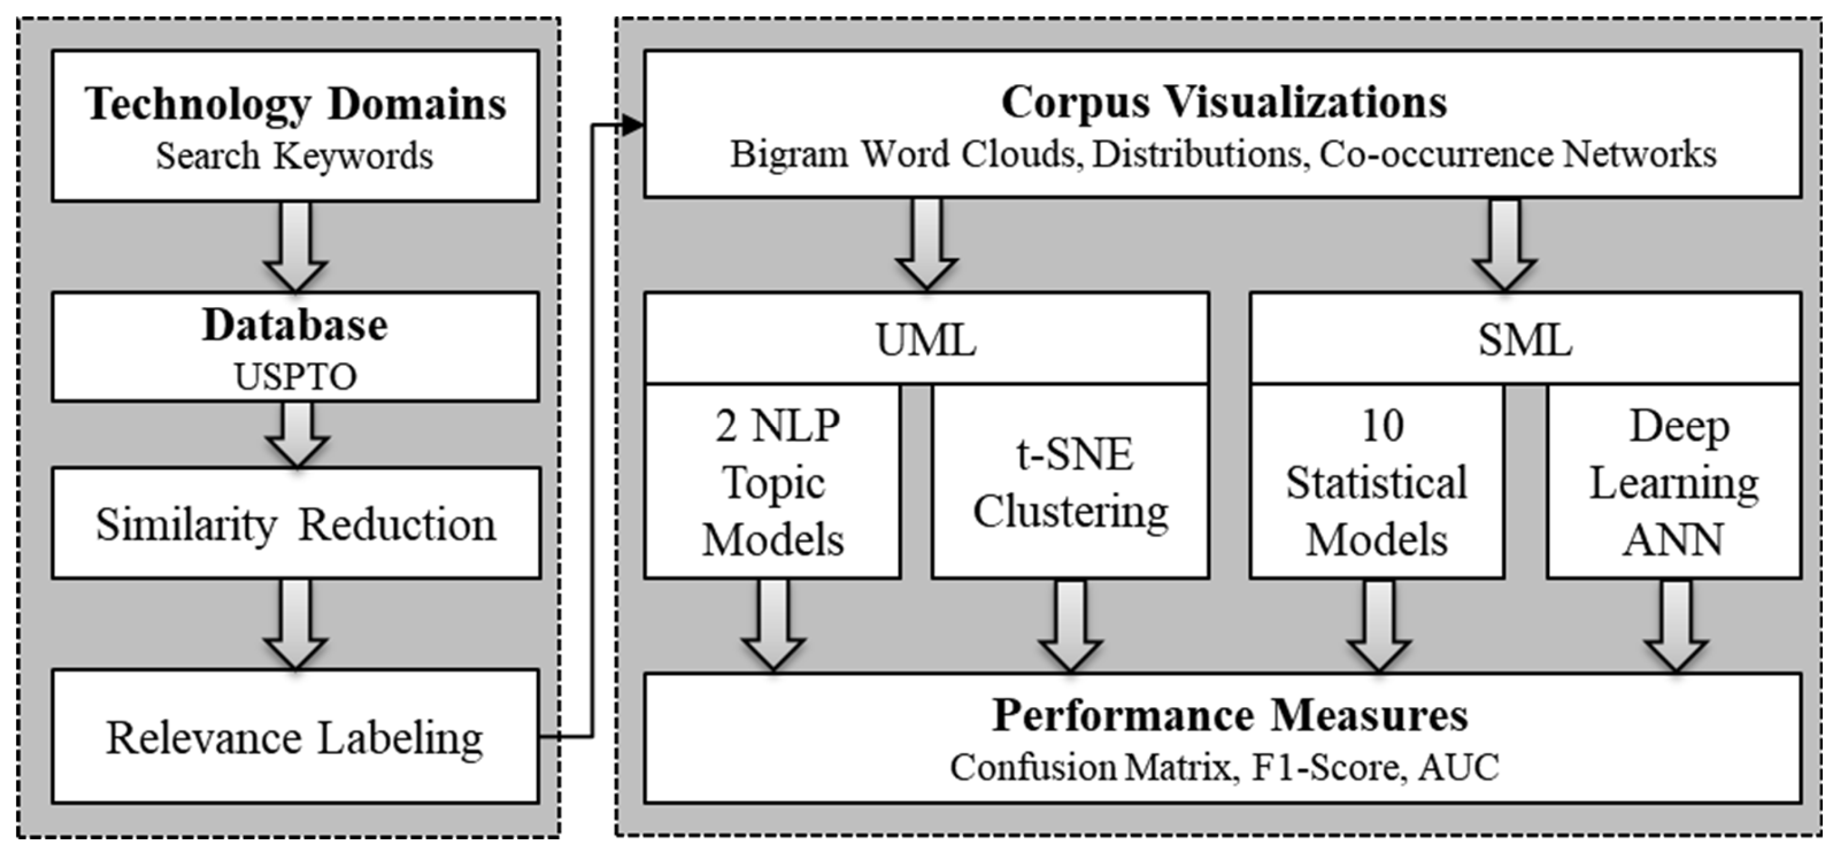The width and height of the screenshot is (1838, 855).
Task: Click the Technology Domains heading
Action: click(x=296, y=104)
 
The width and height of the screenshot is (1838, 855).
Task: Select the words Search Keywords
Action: click(x=294, y=156)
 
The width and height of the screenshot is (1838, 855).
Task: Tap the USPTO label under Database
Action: click(x=296, y=377)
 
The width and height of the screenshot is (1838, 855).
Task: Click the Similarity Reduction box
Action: click(x=296, y=525)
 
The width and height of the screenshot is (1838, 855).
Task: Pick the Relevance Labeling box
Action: click(x=295, y=738)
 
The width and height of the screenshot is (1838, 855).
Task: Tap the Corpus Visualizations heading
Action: click(x=1224, y=102)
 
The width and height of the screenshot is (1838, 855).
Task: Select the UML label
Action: click(x=926, y=340)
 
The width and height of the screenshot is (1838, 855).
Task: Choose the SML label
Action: click(x=1525, y=340)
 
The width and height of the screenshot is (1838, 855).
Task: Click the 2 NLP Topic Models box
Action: click(x=772, y=482)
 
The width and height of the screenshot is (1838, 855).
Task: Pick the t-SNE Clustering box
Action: click(x=1070, y=482)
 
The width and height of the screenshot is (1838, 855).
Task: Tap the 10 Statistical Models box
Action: click(x=1377, y=482)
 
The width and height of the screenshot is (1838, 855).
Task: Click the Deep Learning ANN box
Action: click(x=1674, y=482)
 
